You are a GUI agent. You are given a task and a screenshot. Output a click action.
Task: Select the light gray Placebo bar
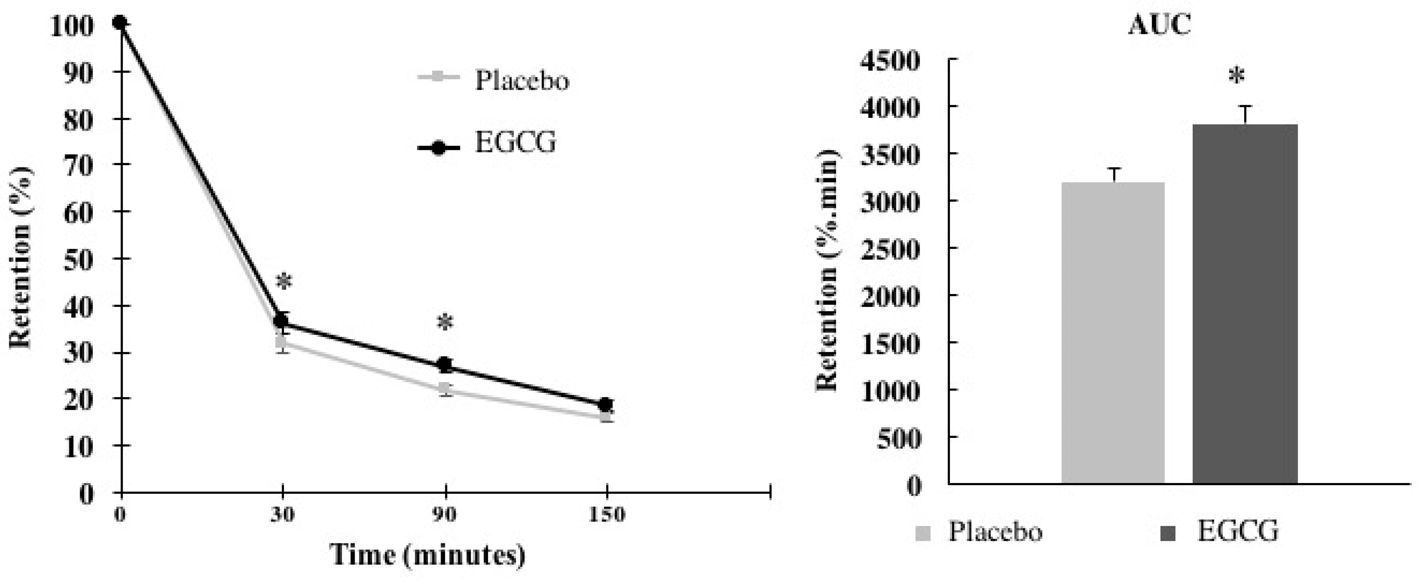(1113, 333)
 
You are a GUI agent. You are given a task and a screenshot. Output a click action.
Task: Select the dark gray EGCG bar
(1245, 304)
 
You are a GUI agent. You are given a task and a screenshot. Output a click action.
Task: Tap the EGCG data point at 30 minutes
(281, 320)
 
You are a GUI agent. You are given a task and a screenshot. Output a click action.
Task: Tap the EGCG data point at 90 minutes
(444, 365)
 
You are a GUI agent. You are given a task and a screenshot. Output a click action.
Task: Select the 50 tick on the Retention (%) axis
(78, 259)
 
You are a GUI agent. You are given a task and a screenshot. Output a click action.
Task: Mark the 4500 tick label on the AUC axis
(889, 60)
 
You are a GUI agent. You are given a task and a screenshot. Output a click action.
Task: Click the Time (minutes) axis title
(427, 555)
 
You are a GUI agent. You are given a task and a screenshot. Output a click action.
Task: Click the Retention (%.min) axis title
(827, 270)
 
